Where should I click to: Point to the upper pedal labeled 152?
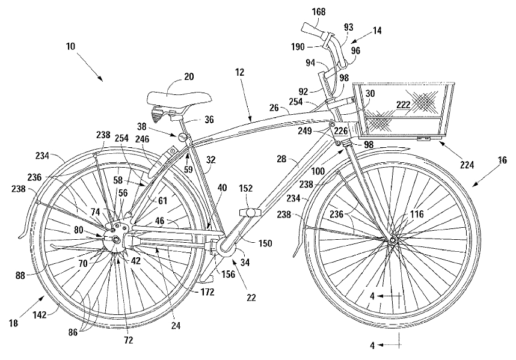tap(248, 212)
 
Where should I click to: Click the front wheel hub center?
tap(393, 240)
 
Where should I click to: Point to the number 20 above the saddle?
tap(189, 77)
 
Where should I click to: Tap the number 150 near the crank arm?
tap(265, 243)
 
